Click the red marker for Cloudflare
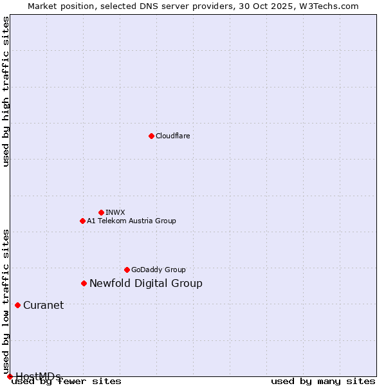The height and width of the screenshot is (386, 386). pos(151,136)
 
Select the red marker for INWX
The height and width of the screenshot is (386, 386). pos(101,212)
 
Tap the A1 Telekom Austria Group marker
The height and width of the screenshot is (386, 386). pos(82,221)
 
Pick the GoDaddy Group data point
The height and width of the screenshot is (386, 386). pos(127,270)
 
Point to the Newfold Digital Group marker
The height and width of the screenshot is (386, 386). pos(84,283)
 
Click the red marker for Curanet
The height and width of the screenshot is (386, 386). pos(17,305)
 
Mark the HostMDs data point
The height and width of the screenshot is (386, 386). pos(10,376)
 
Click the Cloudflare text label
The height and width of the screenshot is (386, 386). pos(172,136)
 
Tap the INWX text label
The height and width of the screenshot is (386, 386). pos(115,212)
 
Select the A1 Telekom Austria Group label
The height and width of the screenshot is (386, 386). pos(131,221)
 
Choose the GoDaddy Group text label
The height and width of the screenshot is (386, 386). pos(158,270)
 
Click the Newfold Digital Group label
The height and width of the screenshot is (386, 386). pos(145,283)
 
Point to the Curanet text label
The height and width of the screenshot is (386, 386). pos(43,305)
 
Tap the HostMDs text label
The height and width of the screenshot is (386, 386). pos(38,376)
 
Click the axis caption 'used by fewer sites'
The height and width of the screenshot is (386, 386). pos(66,381)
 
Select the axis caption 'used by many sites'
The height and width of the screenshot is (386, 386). pos(323,381)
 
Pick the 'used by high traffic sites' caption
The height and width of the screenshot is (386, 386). pos(6,91)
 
